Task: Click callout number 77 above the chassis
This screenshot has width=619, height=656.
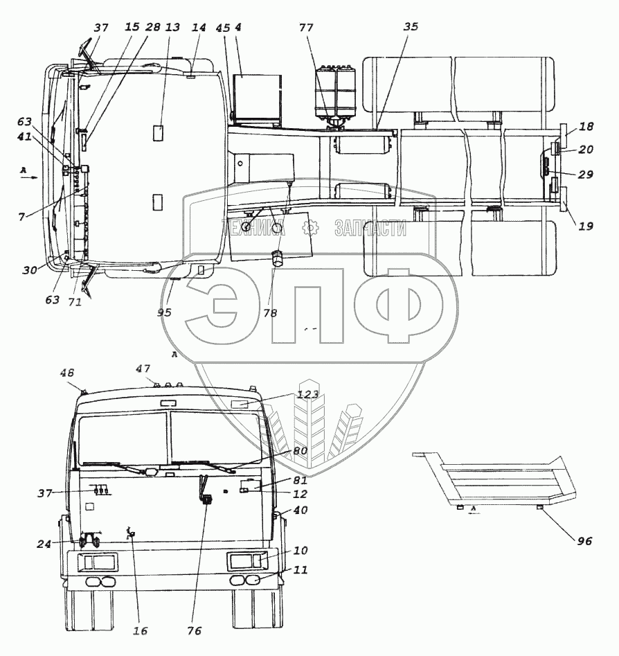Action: click(x=306, y=28)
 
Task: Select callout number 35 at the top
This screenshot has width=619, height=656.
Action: click(x=411, y=27)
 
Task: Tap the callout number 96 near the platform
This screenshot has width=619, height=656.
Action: click(x=584, y=541)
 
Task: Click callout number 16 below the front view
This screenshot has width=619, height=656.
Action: click(x=141, y=631)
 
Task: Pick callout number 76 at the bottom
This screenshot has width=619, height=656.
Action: click(x=194, y=631)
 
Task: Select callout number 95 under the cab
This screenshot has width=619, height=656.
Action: click(x=164, y=312)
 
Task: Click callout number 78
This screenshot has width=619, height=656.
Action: click(x=270, y=313)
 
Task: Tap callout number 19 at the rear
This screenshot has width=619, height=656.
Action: click(x=586, y=227)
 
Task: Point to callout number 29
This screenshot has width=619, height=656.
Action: click(x=586, y=174)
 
